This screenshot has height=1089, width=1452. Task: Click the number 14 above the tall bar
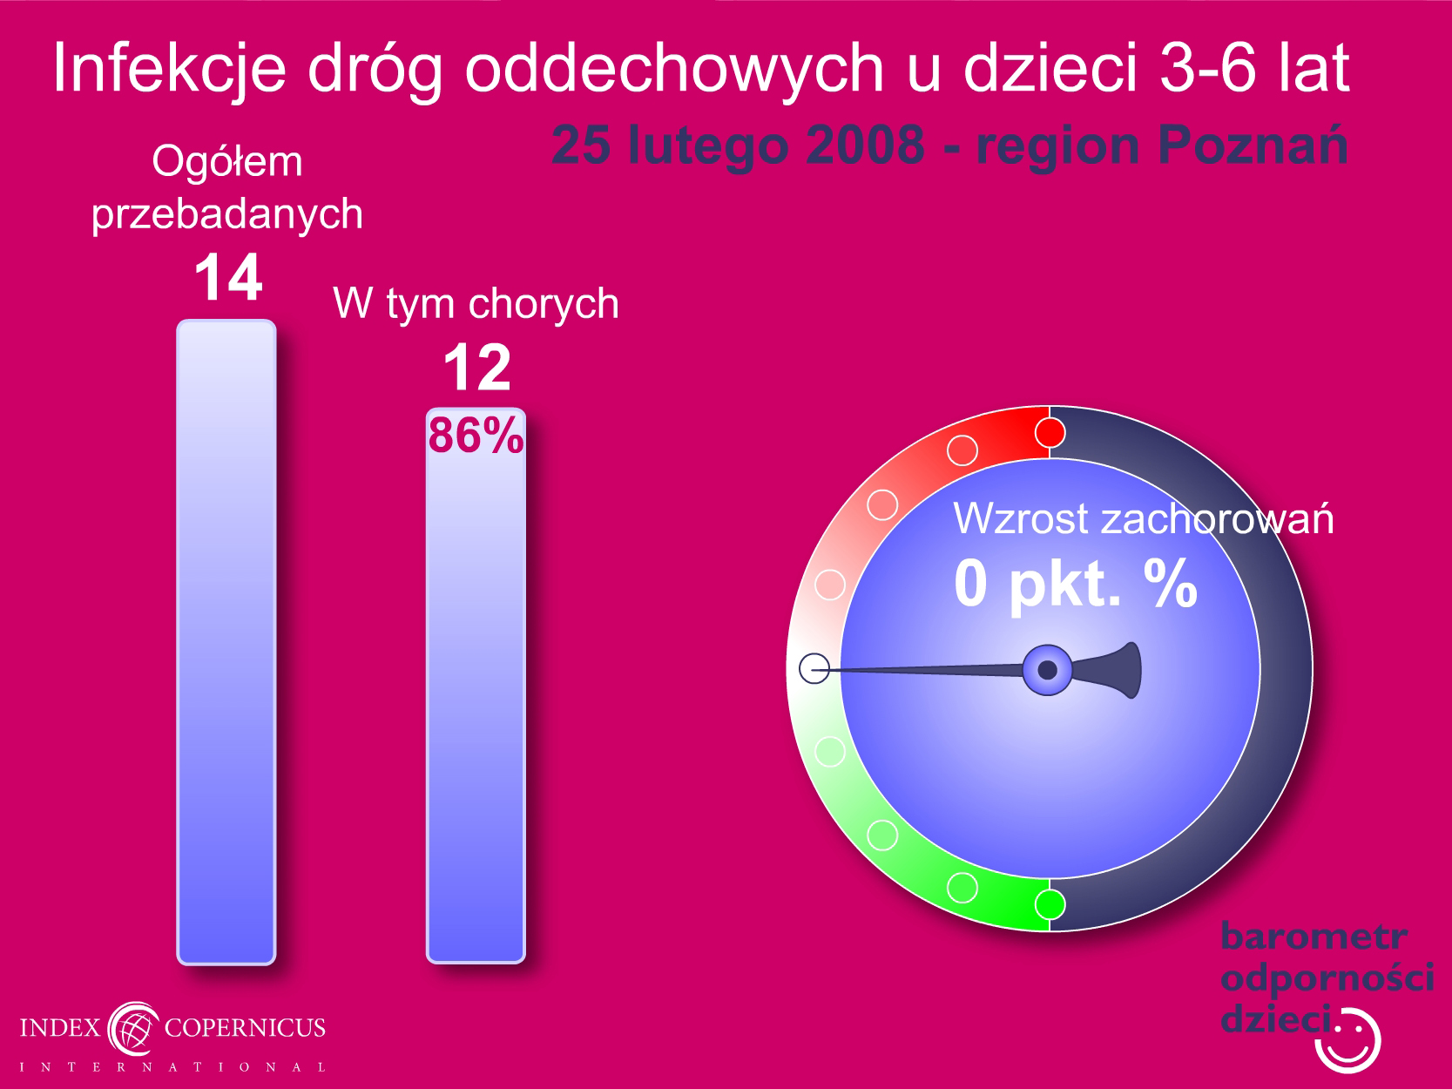click(x=229, y=278)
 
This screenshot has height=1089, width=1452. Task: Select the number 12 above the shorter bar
click(x=477, y=368)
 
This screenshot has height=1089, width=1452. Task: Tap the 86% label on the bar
click(x=476, y=436)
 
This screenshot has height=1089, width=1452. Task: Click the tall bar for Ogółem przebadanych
click(x=226, y=642)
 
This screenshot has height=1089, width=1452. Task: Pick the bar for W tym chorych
click(x=476, y=686)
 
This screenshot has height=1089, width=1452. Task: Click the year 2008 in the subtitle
click(x=865, y=145)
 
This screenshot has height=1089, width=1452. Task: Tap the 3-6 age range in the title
click(x=1207, y=67)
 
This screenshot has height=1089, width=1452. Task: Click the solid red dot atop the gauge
click(x=1050, y=433)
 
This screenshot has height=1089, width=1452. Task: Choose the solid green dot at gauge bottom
click(x=1050, y=904)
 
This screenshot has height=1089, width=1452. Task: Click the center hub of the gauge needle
click(x=1048, y=670)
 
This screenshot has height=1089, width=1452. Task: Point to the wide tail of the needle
click(x=1111, y=670)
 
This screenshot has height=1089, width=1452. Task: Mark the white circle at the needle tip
click(x=814, y=668)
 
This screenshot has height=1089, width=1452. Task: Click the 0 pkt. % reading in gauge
click(x=1076, y=584)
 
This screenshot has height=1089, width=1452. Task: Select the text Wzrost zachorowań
click(x=1143, y=518)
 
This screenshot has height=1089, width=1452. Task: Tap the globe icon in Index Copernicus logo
click(x=134, y=1029)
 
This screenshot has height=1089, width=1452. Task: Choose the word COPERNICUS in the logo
click(x=245, y=1027)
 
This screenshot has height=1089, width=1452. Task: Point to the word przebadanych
click(x=226, y=214)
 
